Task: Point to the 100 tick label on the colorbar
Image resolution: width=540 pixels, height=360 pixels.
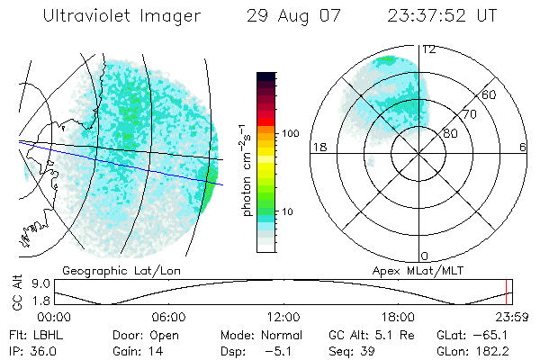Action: (x=290, y=133)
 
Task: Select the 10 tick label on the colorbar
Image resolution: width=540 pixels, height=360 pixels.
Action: (x=287, y=211)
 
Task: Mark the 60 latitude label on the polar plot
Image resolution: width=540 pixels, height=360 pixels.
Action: (x=490, y=94)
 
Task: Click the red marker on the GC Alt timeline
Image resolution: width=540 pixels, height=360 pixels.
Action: (x=507, y=292)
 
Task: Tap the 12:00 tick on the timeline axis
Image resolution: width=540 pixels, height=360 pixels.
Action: (x=283, y=317)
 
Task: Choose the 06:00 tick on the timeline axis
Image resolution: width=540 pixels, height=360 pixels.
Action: (x=169, y=317)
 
